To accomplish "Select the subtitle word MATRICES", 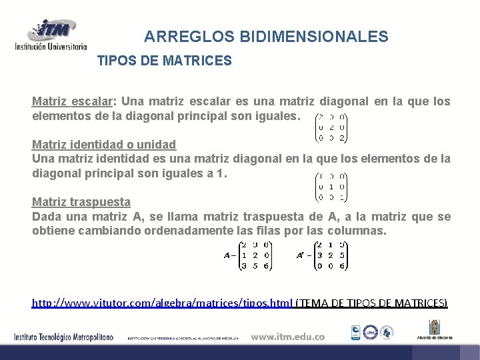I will [x=199, y=61].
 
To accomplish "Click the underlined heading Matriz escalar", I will [x=73, y=101].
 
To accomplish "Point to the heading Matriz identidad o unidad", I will [x=104, y=144].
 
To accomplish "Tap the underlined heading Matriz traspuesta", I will [x=81, y=201].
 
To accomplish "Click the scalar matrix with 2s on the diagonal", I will [x=331, y=125].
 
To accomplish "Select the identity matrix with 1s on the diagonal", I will [x=331, y=187].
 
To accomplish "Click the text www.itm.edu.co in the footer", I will [x=288, y=336].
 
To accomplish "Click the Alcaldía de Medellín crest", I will [x=435, y=327].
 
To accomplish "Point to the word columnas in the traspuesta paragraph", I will [x=357, y=231].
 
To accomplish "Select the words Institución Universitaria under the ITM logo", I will [x=51, y=47].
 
